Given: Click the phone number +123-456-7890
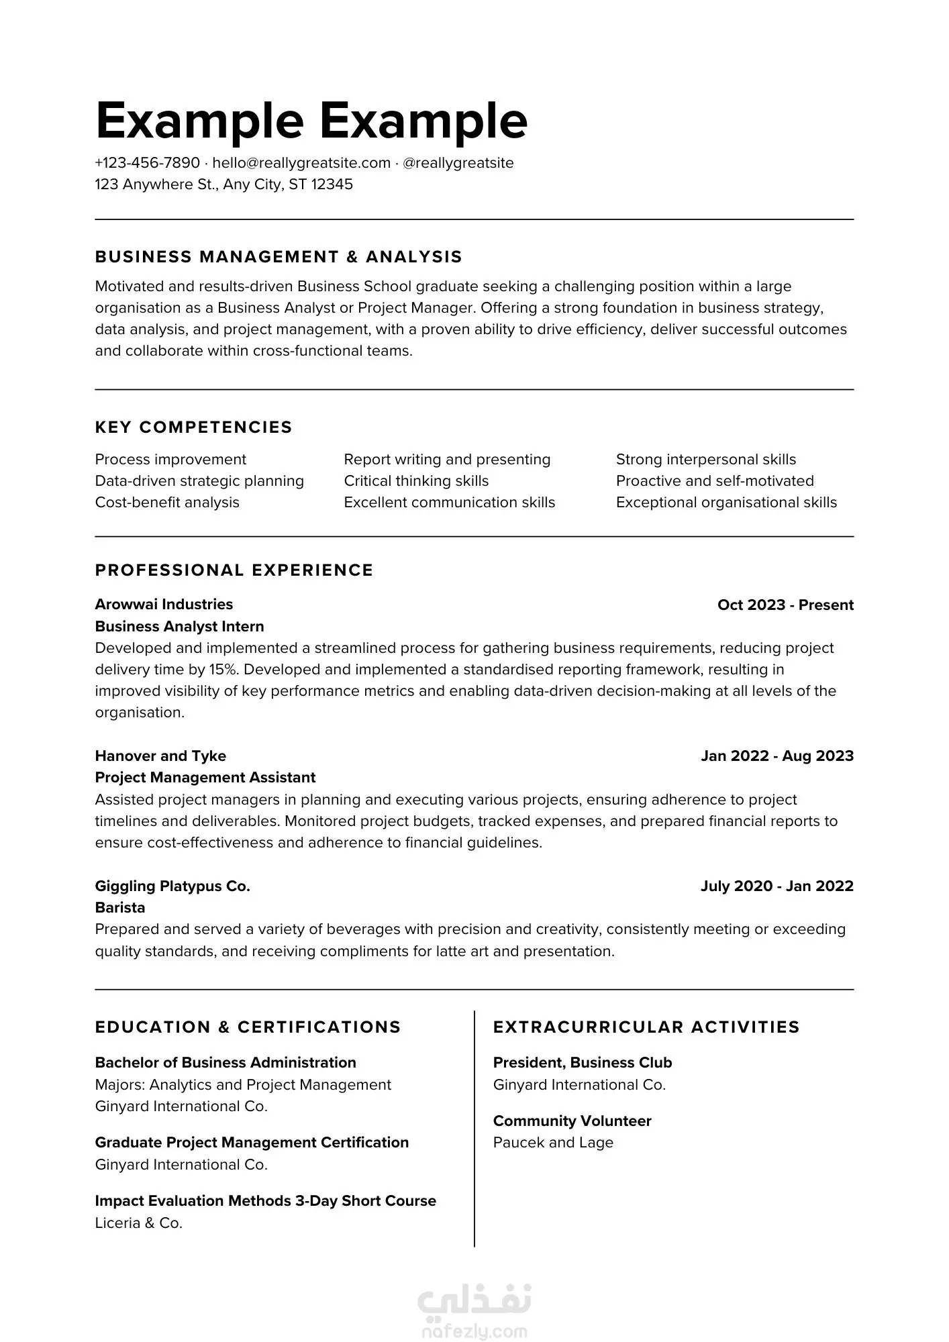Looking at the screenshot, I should pos(148,163).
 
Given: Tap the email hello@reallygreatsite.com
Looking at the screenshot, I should pos(301,163).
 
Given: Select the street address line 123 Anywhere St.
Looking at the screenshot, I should pos(223,185).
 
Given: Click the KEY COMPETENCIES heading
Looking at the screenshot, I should pos(193,427).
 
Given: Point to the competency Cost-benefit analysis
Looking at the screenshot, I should pos(167,503).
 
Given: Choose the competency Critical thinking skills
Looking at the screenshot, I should pos(416,481).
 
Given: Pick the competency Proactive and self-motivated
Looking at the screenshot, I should pos(715,481).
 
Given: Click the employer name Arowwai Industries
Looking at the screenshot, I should pos(164,605).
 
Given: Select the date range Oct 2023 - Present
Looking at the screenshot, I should pos(785,605).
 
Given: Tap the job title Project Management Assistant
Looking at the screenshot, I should pos(205,778).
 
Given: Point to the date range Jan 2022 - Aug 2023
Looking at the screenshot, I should pos(777,756).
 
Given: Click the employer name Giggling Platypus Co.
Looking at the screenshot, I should pos(172,886).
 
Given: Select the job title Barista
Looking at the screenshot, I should pos(120,908).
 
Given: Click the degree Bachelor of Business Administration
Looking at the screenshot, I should pos(226,1063).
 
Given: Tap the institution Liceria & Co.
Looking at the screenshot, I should pos(139,1223).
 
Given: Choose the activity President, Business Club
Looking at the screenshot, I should pos(583,1063).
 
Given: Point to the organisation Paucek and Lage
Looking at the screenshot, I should pos(553,1143).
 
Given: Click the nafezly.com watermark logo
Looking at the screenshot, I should pos(474,1312).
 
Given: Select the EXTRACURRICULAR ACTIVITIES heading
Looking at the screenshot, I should pos(646,1027).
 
